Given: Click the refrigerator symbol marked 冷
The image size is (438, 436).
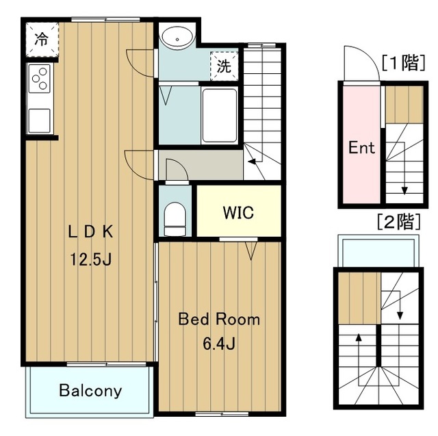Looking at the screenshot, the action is pos(42,40).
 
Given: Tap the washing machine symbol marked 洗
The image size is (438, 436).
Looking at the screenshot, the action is pos(224,66).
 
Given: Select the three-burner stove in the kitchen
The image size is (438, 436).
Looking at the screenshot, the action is pos(40,79).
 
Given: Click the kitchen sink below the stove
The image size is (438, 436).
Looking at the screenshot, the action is pos(40,120).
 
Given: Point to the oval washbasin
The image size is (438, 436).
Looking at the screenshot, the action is pos(177,38).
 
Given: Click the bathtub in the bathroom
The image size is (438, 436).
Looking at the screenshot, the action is pos(219,116).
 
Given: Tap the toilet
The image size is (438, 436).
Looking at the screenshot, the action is pos(175,219).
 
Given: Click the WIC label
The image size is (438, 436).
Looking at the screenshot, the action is pos(238,213).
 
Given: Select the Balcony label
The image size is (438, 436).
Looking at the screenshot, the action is pos(90,391).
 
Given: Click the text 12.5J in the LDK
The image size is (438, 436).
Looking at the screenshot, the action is pos(91,259).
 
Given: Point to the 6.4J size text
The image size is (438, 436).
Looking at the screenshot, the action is pos(219,344).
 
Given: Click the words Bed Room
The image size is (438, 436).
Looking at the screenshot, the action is pos(219,319).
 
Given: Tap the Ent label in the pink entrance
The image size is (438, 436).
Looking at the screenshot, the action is pos(361,147).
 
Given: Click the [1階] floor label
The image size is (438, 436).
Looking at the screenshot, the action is pos(404,62).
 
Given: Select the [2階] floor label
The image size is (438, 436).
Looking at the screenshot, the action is pos(399,222).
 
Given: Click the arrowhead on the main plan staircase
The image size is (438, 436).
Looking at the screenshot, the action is pos(252,162).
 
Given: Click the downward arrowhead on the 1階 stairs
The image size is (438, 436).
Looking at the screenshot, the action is pos(404,191).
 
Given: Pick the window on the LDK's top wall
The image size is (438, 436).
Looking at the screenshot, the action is pos(105,20).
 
